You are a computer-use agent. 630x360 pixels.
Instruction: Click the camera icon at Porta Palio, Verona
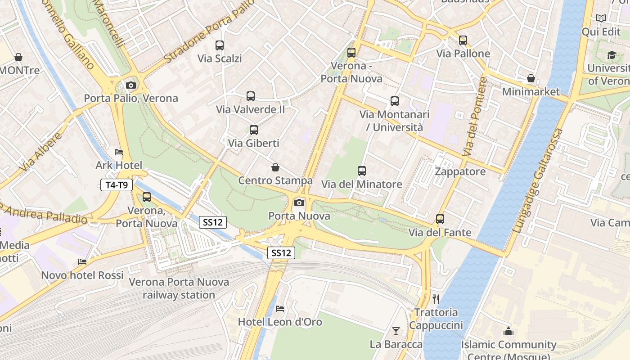pos(130,85)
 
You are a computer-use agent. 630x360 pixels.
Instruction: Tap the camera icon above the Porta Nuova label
pos(299,202)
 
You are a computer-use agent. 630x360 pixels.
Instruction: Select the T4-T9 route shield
pos(117,184)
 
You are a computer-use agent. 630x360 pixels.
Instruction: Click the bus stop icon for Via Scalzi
pos(220,45)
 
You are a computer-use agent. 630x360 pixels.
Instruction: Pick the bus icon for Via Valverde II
pos(251,96)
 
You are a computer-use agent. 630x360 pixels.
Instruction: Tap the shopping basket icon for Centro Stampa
pos(275,167)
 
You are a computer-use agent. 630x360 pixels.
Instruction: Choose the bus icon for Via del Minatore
pos(362,171)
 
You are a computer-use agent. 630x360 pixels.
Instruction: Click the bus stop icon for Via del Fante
pos(440,219)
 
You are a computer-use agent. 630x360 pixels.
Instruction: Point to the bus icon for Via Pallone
pos(463,40)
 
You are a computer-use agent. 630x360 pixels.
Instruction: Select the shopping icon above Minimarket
pos(531,78)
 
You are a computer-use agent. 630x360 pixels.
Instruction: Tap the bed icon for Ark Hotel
pos(119,152)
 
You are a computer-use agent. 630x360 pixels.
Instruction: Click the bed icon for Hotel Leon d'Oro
pos(280,309)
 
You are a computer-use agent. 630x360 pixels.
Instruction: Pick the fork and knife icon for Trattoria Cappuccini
pos(436,299)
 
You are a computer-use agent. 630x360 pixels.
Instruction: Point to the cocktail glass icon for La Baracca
pos(396,331)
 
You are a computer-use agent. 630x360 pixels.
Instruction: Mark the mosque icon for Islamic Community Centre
pos(508,332)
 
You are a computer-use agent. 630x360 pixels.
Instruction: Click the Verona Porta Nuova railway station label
pos(179,288)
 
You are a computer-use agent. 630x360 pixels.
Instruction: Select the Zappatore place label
pos(460,171)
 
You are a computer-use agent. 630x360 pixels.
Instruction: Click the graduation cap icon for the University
pos(612,55)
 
